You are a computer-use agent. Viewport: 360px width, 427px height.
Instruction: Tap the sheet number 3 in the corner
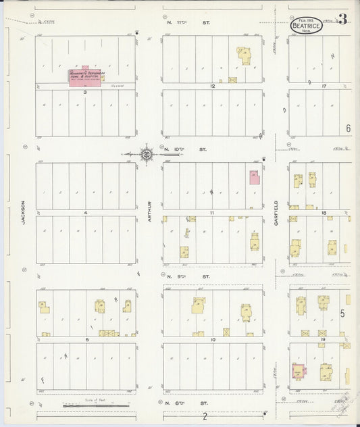342,20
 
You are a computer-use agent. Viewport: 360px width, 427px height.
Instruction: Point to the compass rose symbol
147,154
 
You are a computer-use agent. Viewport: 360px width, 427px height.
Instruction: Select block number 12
212,86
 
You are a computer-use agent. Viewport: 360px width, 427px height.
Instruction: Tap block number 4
86,213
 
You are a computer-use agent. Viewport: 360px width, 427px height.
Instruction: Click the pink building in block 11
254,178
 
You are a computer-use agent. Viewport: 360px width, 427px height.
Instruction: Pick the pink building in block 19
297,372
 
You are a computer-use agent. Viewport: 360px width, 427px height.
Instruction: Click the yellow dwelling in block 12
243,55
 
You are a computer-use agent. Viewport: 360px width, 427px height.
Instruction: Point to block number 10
212,339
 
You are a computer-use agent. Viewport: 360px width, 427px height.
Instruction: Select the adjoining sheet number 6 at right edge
349,128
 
